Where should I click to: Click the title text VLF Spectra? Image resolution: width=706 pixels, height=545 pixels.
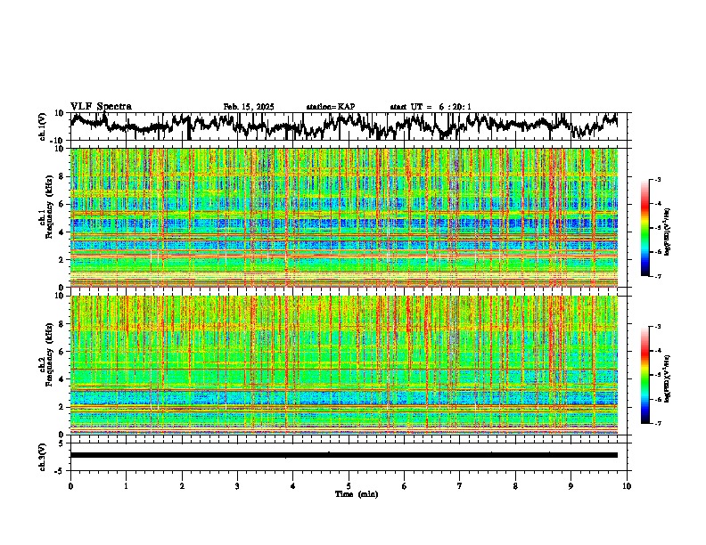(101, 107)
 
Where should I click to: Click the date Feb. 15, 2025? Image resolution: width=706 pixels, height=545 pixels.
(249, 107)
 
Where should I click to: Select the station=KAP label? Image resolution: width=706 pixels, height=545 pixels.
(331, 107)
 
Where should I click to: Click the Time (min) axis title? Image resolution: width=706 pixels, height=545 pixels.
(356, 493)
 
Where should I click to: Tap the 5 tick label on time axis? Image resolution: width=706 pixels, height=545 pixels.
(349, 485)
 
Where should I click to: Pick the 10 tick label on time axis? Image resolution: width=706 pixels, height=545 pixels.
(627, 485)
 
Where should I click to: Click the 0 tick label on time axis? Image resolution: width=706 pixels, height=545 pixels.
(70, 485)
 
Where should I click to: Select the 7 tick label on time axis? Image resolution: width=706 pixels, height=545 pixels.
(460, 485)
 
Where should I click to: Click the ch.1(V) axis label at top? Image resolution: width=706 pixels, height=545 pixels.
(43, 126)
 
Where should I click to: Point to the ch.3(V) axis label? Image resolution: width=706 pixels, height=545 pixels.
(43, 455)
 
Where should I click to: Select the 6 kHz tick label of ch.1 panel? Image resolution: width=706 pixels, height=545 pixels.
(62, 205)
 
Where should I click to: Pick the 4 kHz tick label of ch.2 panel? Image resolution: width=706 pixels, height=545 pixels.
(62, 379)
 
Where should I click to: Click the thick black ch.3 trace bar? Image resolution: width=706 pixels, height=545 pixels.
(343, 455)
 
